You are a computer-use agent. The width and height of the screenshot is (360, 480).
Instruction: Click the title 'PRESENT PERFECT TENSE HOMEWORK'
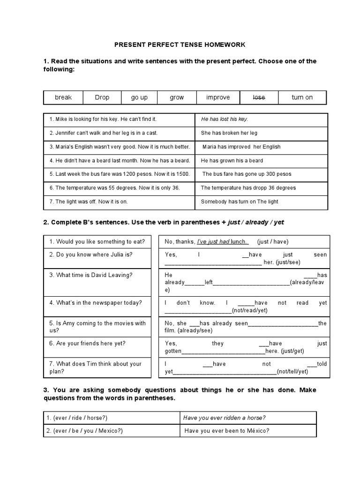pos(180,45)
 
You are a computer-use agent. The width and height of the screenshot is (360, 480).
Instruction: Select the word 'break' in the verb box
pos(63,97)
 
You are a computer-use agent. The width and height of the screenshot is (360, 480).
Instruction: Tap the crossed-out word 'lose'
pos(259,97)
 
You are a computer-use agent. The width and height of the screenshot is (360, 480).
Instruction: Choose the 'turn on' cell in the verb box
pos(302,97)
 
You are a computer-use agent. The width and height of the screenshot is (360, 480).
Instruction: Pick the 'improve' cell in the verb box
pos(218,97)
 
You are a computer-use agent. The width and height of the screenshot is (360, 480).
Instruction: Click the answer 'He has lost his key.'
pos(225,120)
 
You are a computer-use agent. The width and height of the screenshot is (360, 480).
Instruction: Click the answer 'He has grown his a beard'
pos(232,160)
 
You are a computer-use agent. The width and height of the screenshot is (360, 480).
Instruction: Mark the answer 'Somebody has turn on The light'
pos(240,202)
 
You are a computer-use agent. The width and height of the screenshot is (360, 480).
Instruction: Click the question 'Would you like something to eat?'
pos(97,242)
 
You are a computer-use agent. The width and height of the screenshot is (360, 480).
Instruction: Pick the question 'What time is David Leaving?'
pos(94,275)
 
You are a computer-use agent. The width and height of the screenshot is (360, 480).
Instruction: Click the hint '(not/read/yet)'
pos(249,310)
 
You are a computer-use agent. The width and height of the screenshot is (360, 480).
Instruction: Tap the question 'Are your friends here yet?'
pos(87,344)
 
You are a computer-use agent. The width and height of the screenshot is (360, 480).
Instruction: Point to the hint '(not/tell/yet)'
pos(292,372)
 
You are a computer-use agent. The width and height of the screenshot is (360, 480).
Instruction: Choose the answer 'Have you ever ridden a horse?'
pos(225,418)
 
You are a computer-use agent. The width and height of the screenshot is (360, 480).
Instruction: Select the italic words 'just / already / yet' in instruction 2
pos(255,222)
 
